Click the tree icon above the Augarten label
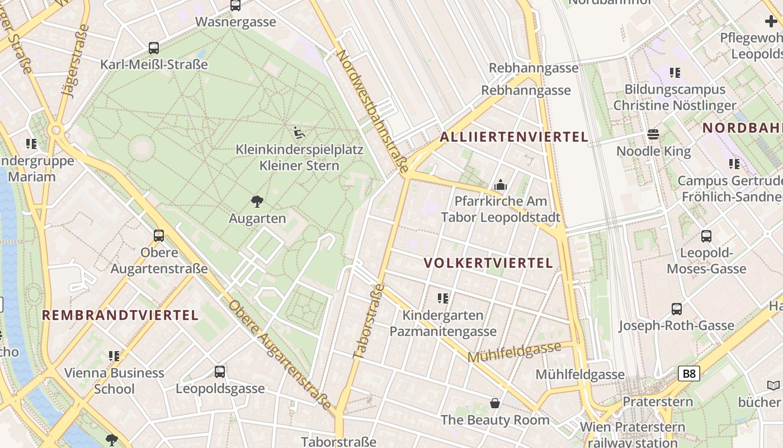coord(257,201)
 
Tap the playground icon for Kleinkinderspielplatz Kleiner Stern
coord(299,133)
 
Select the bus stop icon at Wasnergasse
coord(235,6)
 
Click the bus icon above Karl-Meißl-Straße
coord(154,48)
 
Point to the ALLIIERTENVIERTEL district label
coord(514,137)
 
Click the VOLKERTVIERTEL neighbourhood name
coord(488,263)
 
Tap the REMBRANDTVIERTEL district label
coord(120,315)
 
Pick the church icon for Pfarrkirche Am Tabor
coord(500,185)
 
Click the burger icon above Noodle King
coord(653,134)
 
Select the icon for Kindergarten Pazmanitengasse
coord(443,298)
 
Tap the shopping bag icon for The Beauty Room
coord(495,403)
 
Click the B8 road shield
coord(689,374)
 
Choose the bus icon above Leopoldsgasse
coord(220,371)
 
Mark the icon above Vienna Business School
coord(114,356)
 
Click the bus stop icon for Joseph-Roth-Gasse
coord(676,309)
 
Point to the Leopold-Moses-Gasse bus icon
coord(706,236)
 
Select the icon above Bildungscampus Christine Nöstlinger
coord(675,72)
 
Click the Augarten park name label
coord(257,218)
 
